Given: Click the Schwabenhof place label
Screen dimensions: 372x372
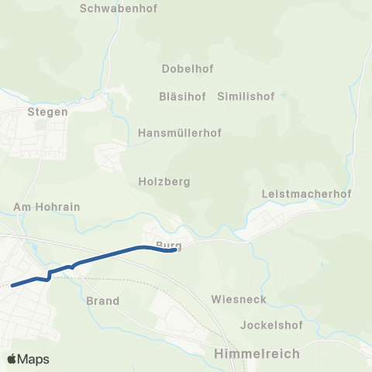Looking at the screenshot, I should click(115, 10).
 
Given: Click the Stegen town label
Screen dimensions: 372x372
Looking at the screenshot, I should click(48, 112).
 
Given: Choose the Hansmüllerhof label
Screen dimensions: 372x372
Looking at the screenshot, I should click(179, 133).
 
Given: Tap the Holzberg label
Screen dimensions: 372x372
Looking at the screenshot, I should click(164, 182).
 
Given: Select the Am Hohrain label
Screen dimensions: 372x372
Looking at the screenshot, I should click(46, 208).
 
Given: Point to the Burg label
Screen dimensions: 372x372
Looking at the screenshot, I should click(168, 246).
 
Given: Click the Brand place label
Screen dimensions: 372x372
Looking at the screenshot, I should click(103, 301).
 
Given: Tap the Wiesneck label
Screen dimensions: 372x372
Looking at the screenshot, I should click(239, 299).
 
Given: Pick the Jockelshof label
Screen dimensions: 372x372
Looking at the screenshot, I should click(270, 325).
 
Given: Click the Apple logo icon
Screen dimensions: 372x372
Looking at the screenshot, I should click(12, 359).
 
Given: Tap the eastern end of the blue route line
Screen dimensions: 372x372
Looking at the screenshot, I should click(174, 250).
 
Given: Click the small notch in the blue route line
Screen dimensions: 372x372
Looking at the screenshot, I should click(50, 276).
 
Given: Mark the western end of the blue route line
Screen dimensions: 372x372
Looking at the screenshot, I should click(12, 285).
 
